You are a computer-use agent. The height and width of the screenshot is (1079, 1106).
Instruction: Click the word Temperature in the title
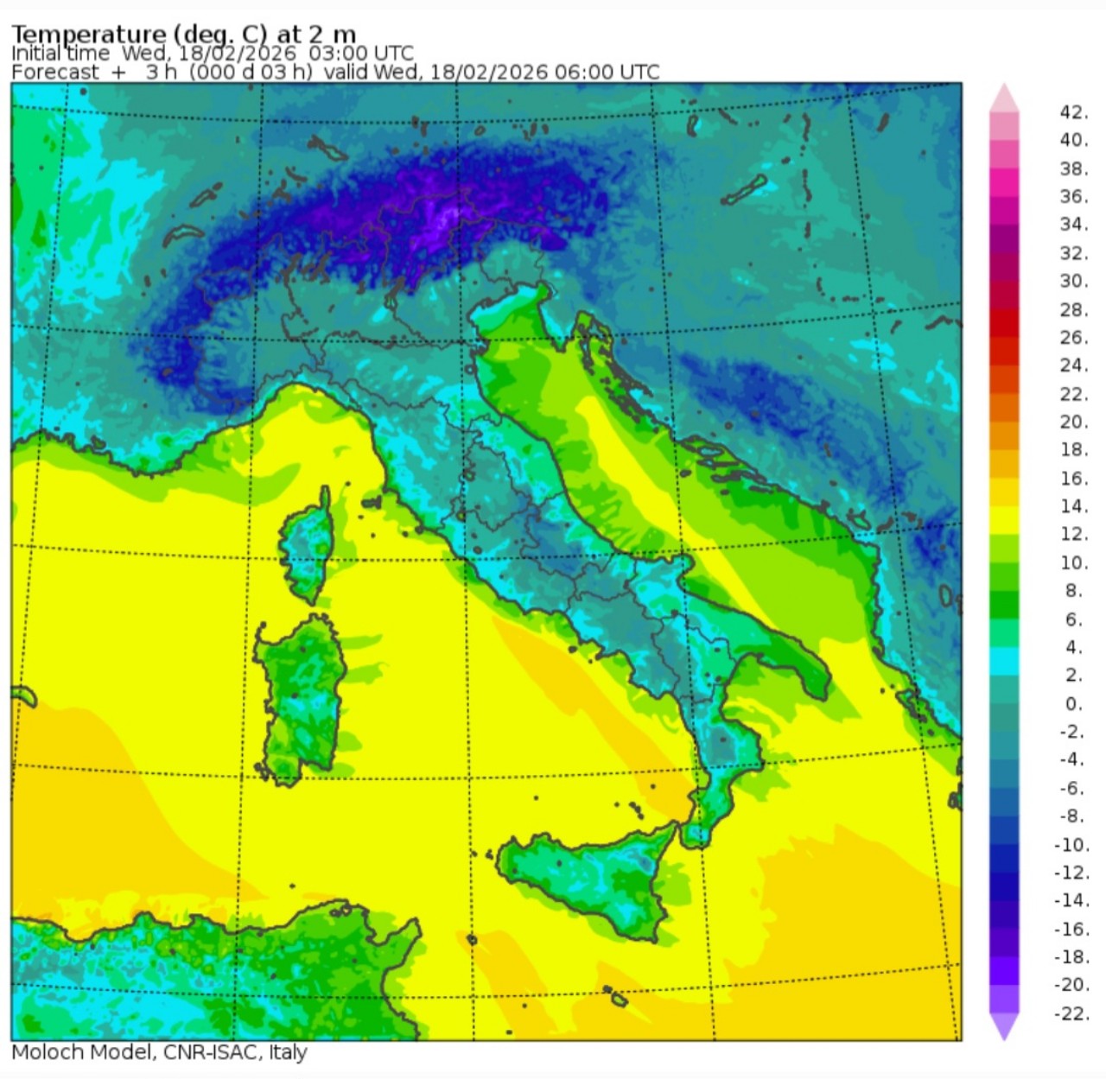(x=88, y=34)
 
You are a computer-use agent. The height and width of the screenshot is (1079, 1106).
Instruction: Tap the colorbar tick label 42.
(x=1074, y=111)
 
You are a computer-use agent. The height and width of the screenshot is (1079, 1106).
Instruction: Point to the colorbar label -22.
(x=1071, y=1012)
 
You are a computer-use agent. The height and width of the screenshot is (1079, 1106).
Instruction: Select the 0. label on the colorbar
(x=1073, y=703)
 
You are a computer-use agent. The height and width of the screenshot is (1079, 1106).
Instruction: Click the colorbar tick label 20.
(x=1074, y=422)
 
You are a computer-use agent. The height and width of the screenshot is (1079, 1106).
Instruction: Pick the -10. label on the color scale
(x=1071, y=844)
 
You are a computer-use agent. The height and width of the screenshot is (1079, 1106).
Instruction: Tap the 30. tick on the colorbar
(x=1074, y=281)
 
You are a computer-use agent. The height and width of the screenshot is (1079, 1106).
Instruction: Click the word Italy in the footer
(x=288, y=1052)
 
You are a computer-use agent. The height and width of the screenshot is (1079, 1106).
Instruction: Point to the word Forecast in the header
(x=55, y=72)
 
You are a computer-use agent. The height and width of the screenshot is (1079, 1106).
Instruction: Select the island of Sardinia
(x=299, y=691)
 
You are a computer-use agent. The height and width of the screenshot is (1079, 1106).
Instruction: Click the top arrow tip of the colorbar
(x=1004, y=86)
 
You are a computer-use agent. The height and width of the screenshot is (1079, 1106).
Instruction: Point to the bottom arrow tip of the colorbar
(x=1004, y=1038)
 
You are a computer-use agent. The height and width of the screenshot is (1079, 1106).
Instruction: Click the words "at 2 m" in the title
(x=316, y=34)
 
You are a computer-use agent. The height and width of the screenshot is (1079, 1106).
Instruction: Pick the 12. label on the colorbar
(x=1074, y=534)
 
